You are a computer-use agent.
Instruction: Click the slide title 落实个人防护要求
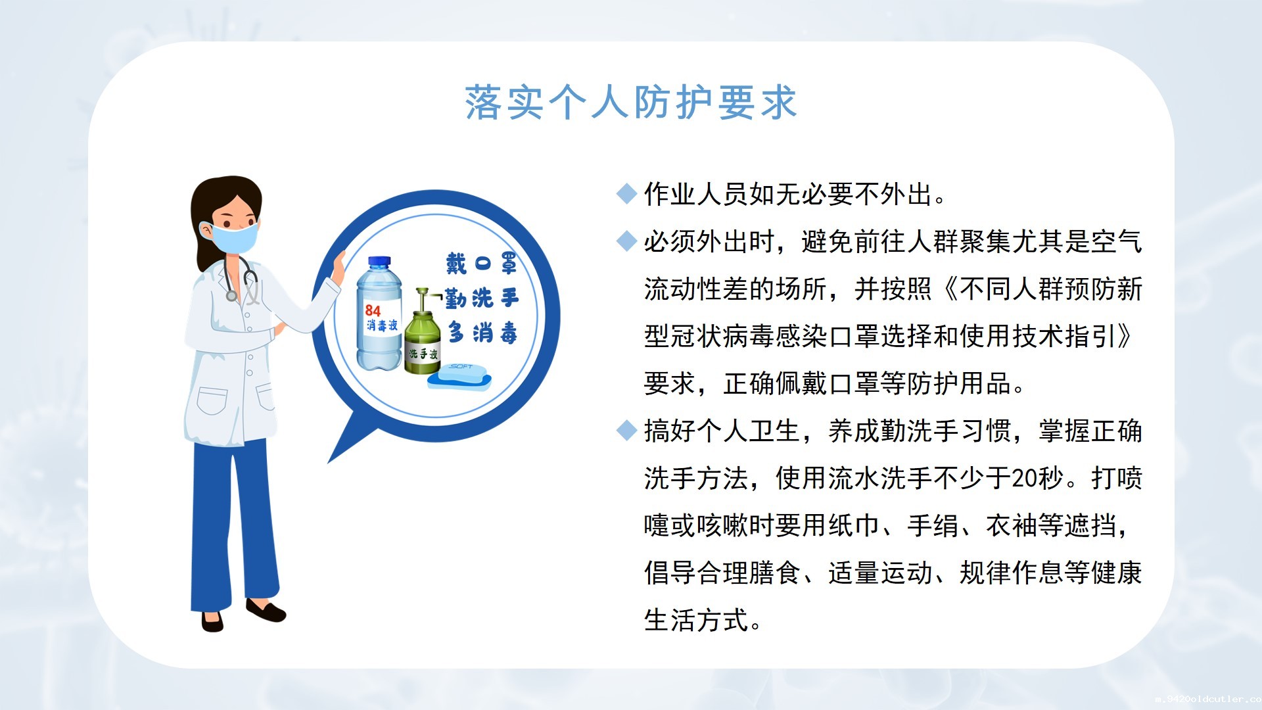(631, 103)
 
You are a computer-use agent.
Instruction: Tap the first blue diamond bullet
(627, 193)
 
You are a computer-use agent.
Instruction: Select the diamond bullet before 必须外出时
(627, 241)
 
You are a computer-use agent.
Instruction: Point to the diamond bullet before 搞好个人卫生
(627, 431)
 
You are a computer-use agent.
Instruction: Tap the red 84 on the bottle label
(373, 310)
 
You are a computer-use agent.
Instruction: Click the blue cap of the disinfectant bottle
(379, 262)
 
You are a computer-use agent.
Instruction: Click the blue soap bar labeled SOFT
(459, 375)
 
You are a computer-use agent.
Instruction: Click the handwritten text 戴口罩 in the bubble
(481, 264)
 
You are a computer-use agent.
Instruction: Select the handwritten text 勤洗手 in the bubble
(481, 298)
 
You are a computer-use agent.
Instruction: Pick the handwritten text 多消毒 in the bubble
(482, 333)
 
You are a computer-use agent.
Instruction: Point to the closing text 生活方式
(696, 620)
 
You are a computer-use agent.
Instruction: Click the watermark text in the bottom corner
(1208, 699)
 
